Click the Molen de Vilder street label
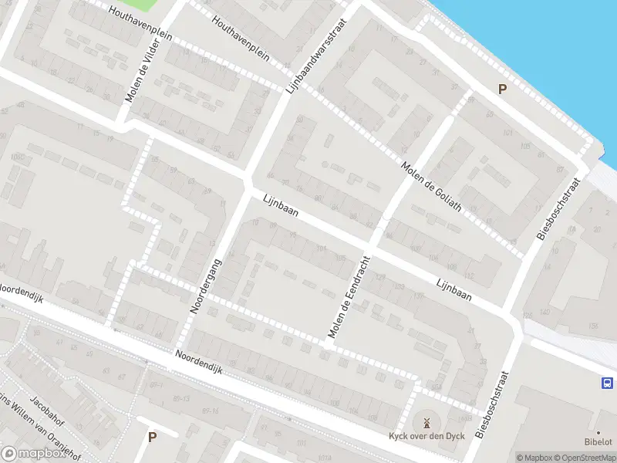pos(143,71)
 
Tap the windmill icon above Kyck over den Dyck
pos(424,423)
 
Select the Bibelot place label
pos(598,443)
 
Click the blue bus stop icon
pos(607,383)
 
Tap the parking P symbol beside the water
pos(502,90)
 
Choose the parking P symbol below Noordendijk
pos(152,437)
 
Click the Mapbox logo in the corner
pos(32,454)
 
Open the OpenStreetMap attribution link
pos(583,458)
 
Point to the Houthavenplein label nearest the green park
pos(139,15)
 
